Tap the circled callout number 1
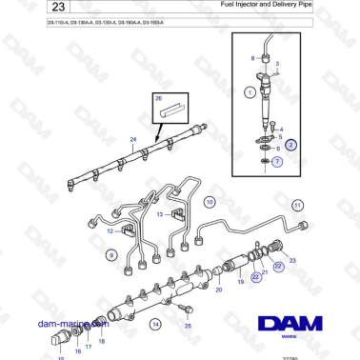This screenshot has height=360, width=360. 249,92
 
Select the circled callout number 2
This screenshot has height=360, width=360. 292,146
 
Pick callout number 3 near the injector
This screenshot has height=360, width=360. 278,64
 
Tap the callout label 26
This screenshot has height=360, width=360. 159,98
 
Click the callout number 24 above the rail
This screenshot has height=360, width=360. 133,140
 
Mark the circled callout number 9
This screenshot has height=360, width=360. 111,255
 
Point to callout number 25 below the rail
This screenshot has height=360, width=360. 188,326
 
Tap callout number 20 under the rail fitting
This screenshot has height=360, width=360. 218,289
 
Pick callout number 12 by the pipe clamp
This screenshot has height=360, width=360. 110,230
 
